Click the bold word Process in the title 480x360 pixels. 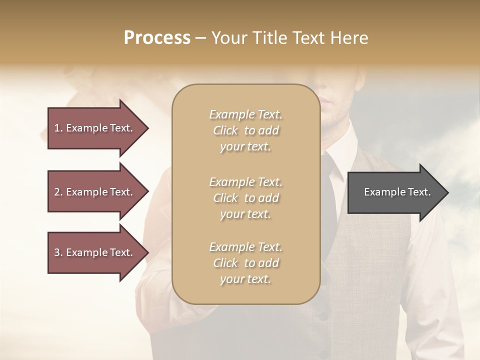(x=157, y=37)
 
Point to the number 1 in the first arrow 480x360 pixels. (x=56, y=128)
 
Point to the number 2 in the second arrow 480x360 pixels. (x=56, y=192)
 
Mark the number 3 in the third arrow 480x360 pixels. (x=56, y=252)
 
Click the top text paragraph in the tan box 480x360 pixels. (x=245, y=130)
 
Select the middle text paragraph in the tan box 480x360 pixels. (x=245, y=198)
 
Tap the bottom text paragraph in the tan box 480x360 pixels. (x=245, y=263)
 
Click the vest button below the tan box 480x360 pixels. (x=324, y=315)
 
